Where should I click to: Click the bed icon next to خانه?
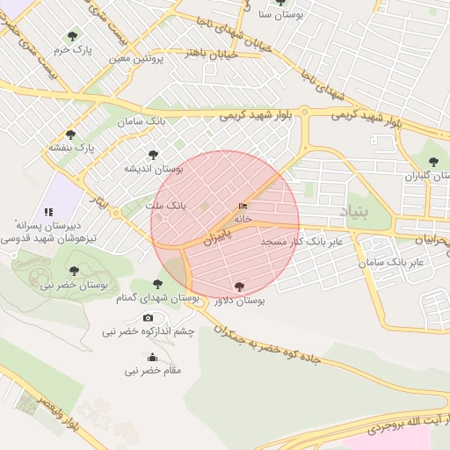pos(243,206)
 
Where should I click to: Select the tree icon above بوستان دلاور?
pos(239,287)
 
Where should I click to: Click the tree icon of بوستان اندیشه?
pos(153,155)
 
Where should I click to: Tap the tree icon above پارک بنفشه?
pos(70,134)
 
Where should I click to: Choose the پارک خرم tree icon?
pos(72,36)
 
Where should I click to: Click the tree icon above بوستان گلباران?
pos(432,162)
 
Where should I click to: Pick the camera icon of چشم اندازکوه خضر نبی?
pos(148,317)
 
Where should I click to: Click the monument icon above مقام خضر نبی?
pos(153,357)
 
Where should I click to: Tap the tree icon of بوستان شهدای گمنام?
pos(157,284)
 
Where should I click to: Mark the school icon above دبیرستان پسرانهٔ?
pos(49,212)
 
